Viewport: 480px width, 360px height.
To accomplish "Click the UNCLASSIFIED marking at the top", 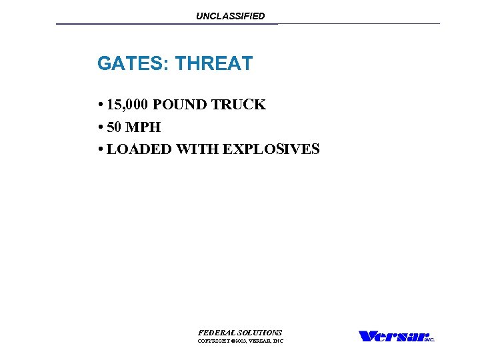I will pos(230,16).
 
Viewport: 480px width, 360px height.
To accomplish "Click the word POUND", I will pos(179,105).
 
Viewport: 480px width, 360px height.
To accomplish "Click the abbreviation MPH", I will pos(144,127).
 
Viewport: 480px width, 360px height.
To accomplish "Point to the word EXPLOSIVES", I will pos(271,149).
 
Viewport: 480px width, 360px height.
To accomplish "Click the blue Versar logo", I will pos(391,336).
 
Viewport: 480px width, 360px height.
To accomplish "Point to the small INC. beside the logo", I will pos(430,339).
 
